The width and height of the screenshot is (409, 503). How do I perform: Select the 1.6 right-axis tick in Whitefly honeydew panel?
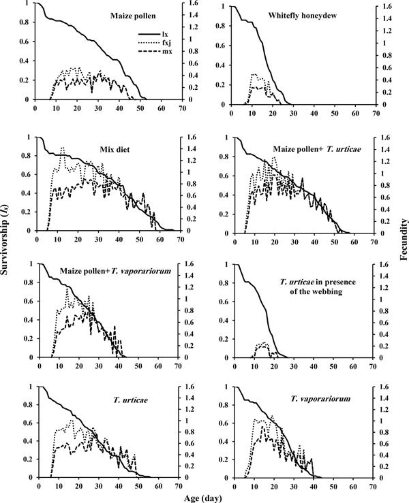tap(387, 7)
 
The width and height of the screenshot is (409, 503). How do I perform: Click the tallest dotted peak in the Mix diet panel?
tap(63, 148)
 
